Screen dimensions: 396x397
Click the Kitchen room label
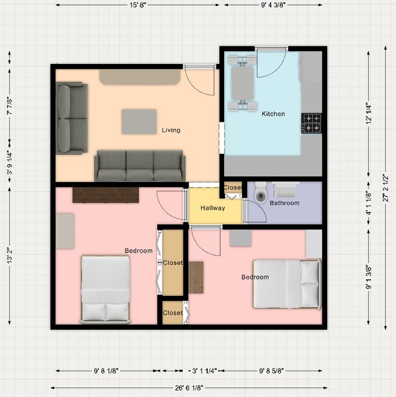(273, 114)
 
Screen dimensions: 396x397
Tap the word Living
(171, 130)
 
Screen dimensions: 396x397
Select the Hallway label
(213, 208)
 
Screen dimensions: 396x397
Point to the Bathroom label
(285, 203)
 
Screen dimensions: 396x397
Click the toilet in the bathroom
(261, 192)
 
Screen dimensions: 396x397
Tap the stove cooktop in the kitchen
(312, 124)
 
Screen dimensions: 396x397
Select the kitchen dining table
(242, 83)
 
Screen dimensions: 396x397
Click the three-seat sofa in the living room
(140, 166)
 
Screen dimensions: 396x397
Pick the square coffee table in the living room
(139, 122)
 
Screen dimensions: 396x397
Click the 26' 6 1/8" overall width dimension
(189, 388)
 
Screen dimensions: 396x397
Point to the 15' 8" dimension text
(138, 5)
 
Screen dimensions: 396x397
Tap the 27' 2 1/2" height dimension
(386, 188)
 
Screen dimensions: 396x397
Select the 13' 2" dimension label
(10, 256)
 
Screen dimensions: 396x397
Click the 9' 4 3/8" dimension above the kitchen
(273, 5)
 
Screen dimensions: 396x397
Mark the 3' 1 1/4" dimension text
(204, 371)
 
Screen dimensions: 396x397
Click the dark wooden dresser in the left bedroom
(105, 195)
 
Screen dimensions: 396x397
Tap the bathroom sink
(286, 190)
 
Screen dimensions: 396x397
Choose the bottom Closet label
(172, 313)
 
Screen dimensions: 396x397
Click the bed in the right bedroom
(288, 284)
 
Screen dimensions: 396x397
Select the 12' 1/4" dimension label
(369, 114)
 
